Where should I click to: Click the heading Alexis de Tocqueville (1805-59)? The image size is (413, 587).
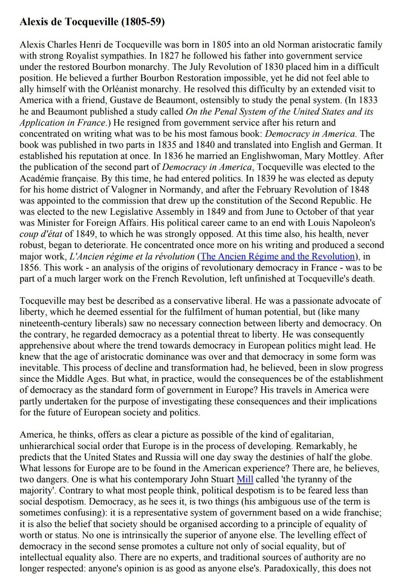coord(92,22)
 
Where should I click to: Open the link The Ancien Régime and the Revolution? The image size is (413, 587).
coord(278,256)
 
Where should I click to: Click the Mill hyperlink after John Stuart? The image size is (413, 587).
coord(245,479)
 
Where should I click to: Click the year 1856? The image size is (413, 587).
coord(30,268)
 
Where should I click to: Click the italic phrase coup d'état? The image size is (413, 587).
coord(41,234)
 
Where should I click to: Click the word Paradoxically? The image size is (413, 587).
coord(290,568)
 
